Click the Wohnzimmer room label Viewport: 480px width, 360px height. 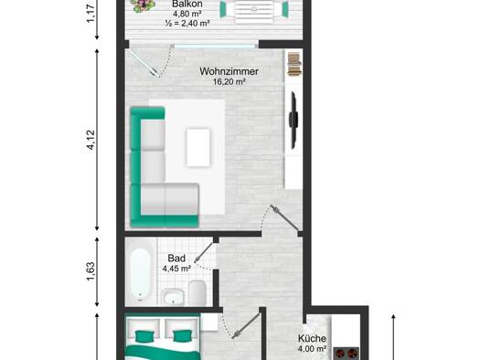pyautogui.click(x=229, y=71)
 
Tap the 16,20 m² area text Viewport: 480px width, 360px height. pyautogui.click(x=229, y=81)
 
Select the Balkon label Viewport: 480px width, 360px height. pyautogui.click(x=187, y=5)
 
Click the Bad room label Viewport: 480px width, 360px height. pyautogui.click(x=176, y=259)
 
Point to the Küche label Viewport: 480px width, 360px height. pyautogui.click(x=312, y=339)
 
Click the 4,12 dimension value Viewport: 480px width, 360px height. pyautogui.click(x=91, y=140)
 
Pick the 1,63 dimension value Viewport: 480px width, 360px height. pyautogui.click(x=91, y=271)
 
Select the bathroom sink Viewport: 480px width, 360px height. pyautogui.click(x=173, y=296)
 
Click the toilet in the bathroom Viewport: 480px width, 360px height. pyautogui.click(x=197, y=293)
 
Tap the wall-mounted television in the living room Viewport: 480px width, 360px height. pyautogui.click(x=293, y=120)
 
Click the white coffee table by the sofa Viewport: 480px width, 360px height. pyautogui.click(x=198, y=147)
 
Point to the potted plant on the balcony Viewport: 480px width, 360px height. pyautogui.click(x=143, y=5)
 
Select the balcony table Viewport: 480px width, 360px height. pyautogui.click(x=254, y=11)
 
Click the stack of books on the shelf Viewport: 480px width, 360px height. pyautogui.click(x=294, y=64)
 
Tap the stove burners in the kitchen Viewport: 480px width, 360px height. pyautogui.click(x=347, y=354)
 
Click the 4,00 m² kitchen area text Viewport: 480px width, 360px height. pyautogui.click(x=312, y=349)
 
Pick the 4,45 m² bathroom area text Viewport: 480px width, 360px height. pyautogui.click(x=176, y=269)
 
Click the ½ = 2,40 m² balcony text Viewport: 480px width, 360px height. pyautogui.click(x=187, y=23)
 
